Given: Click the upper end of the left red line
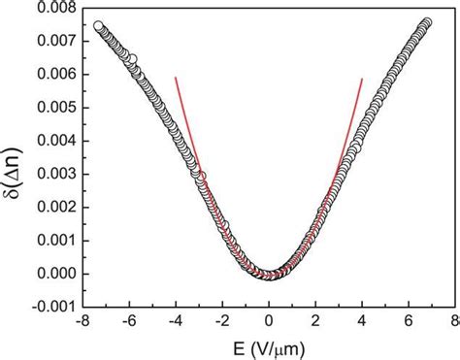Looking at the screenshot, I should click(x=176, y=78).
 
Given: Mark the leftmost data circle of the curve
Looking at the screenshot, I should click(x=98, y=26).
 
